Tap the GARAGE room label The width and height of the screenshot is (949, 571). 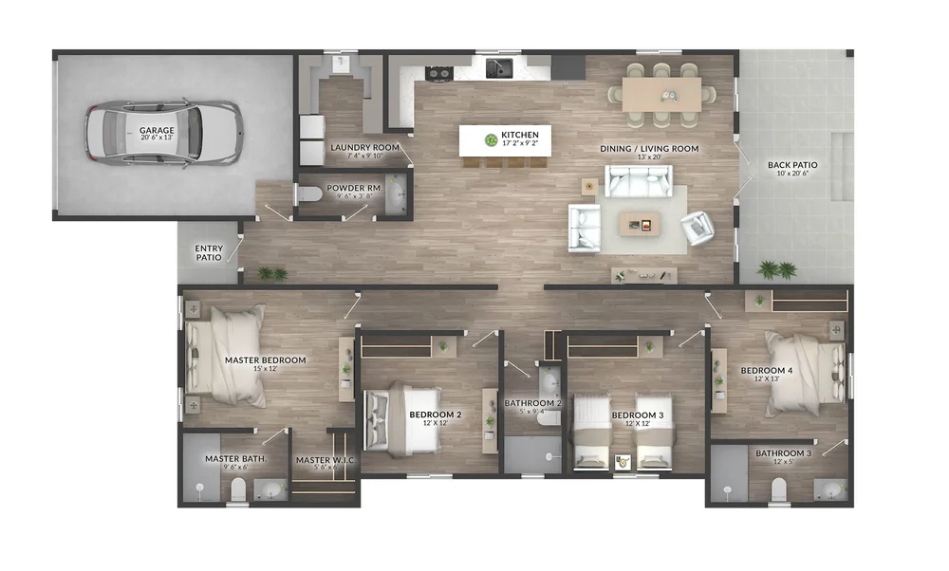click(x=157, y=130)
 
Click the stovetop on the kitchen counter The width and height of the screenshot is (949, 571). click(x=438, y=71)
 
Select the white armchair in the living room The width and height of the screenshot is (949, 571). click(x=698, y=227)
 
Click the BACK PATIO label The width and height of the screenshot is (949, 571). click(x=792, y=165)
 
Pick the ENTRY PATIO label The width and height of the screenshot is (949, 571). click(x=209, y=253)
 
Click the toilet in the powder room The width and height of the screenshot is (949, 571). click(x=308, y=194)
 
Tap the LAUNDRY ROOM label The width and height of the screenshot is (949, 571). click(x=364, y=148)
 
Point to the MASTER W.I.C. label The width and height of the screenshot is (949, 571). click(x=325, y=461)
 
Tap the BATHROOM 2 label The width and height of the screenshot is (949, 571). click(x=532, y=403)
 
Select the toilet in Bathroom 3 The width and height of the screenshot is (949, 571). click(x=778, y=488)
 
